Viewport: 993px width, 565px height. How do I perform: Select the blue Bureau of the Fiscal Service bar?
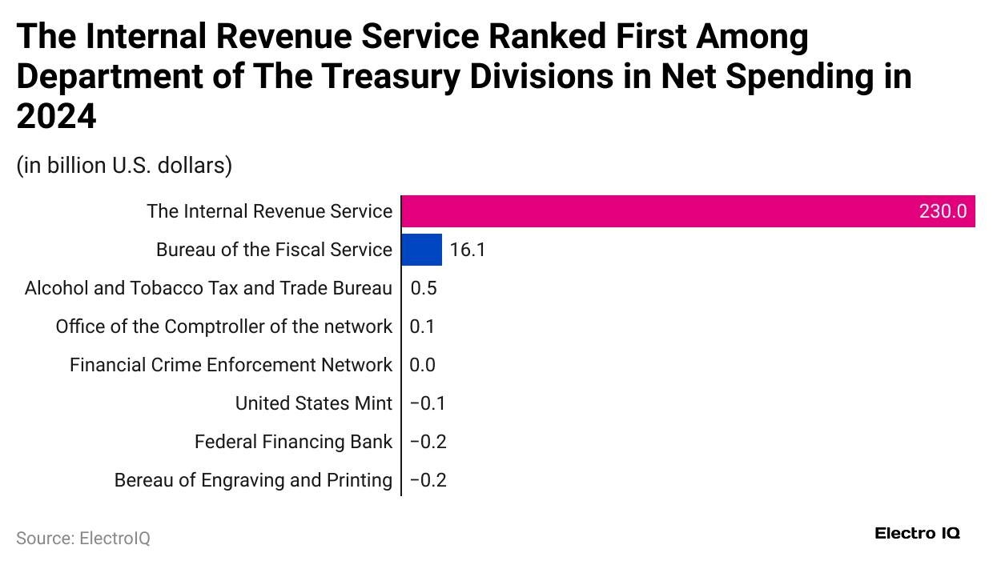click(421, 250)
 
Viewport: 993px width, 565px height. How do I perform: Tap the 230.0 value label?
click(943, 212)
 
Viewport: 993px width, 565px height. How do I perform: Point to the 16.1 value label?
click(468, 250)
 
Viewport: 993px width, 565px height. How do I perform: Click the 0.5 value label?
click(424, 288)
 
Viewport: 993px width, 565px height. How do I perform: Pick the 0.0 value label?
click(422, 365)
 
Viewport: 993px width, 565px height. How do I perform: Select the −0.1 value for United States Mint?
click(428, 403)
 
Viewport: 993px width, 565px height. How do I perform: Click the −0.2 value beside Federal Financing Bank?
click(428, 442)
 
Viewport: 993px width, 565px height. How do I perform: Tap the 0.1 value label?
click(422, 327)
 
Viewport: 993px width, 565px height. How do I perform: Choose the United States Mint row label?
click(314, 403)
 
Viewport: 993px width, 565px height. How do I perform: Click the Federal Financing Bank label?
click(293, 442)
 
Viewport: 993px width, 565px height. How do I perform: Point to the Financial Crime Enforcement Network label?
click(231, 365)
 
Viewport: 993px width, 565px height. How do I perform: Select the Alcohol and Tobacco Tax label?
click(208, 288)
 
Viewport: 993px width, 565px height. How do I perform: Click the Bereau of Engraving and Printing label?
click(253, 480)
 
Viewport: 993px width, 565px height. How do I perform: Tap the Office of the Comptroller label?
click(224, 327)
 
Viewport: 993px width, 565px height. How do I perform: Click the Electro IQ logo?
click(917, 533)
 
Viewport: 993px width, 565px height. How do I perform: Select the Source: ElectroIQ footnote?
click(83, 538)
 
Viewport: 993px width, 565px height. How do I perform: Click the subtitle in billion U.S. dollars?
click(124, 166)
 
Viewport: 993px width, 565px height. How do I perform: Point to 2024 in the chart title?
click(56, 117)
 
